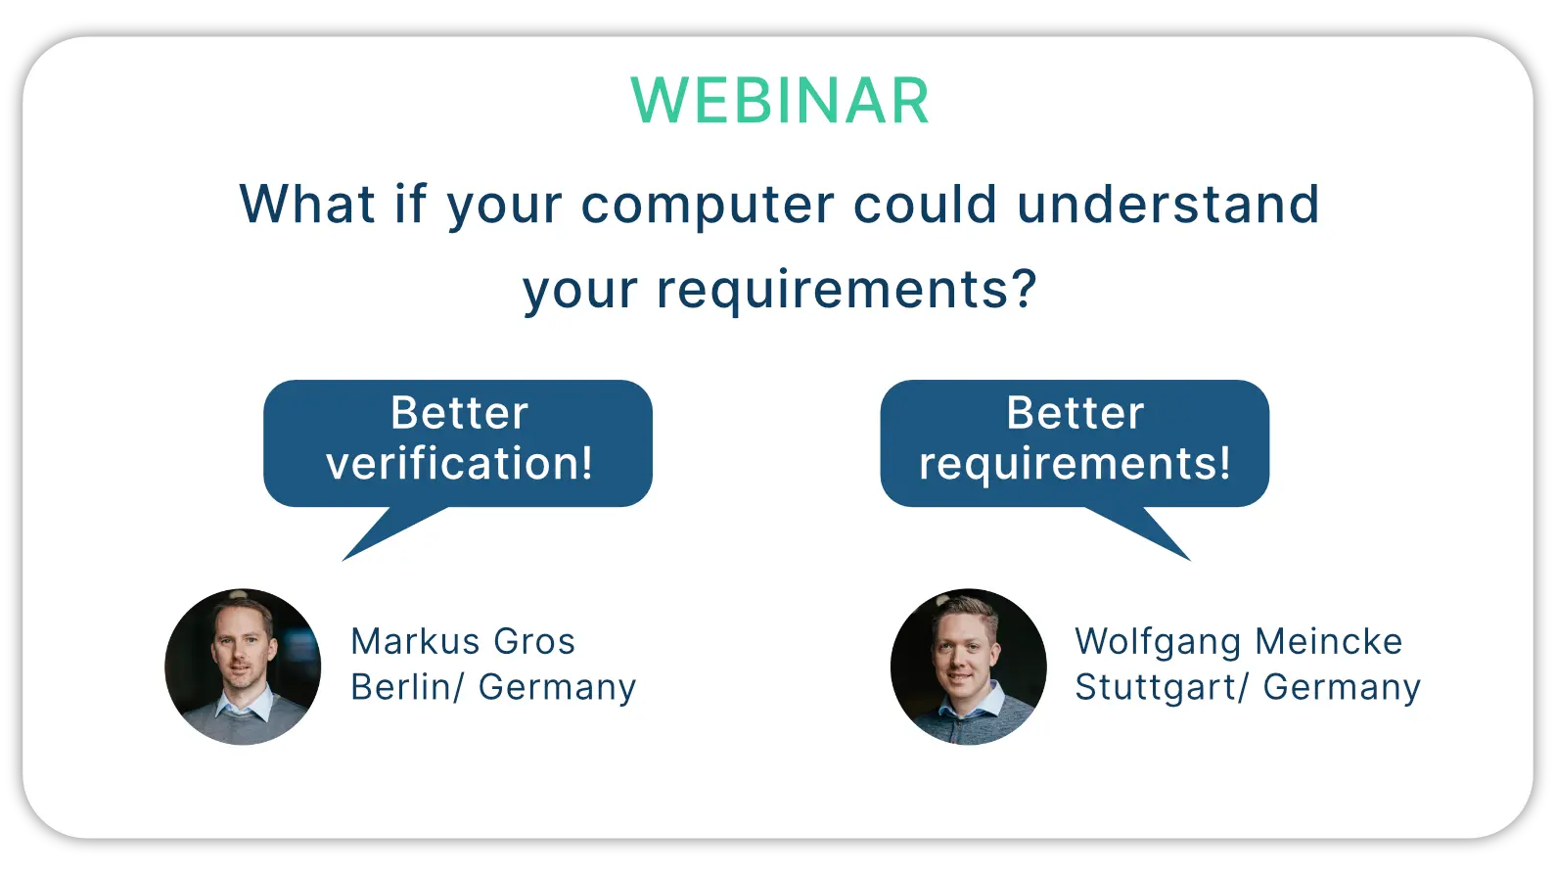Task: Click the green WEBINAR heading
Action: tap(779, 101)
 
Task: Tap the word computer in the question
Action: tap(708, 207)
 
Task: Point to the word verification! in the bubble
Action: tap(459, 462)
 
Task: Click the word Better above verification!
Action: tap(459, 413)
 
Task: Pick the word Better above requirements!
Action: tap(1075, 413)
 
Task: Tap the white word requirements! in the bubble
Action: tap(1075, 464)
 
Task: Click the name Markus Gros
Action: tap(463, 641)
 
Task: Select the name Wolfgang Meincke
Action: tap(1239, 642)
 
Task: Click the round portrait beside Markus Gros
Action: tap(243, 667)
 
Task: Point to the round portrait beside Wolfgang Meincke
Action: tap(968, 667)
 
